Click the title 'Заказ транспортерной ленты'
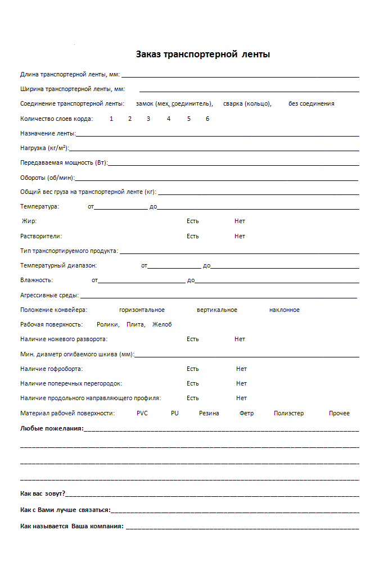(203, 55)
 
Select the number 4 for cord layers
(168, 119)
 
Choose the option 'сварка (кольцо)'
(247, 103)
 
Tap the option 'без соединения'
(312, 103)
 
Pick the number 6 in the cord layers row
(207, 119)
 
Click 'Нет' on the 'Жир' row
(240, 221)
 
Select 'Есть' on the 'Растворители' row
(193, 236)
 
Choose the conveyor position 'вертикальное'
(217, 310)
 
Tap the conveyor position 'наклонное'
(285, 310)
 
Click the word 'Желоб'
(162, 324)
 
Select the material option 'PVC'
(142, 413)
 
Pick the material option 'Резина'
(209, 413)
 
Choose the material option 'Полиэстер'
(288, 413)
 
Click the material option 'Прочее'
(339, 413)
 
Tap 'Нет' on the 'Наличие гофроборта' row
(241, 369)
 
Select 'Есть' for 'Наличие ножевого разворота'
(193, 339)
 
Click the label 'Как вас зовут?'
(43, 493)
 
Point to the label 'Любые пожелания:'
(52, 428)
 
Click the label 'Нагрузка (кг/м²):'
(44, 148)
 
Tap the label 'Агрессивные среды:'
(49, 294)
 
